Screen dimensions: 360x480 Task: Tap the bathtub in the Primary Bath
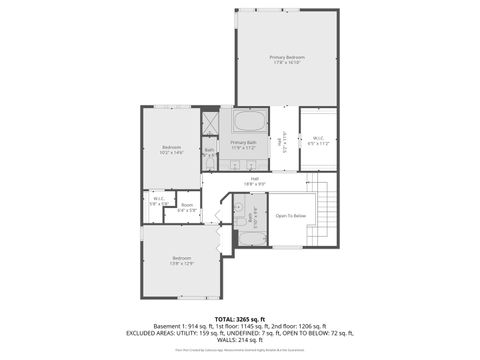249,123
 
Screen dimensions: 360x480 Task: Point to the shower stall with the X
211,125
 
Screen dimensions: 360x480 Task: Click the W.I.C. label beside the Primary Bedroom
318,140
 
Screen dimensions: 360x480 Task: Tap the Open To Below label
290,215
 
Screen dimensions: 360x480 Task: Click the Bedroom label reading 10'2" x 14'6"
171,150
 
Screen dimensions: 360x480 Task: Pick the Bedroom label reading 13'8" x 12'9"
180,261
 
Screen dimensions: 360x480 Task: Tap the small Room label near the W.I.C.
187,208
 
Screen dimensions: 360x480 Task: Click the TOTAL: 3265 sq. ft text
240,319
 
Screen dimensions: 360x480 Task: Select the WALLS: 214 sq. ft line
240,339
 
